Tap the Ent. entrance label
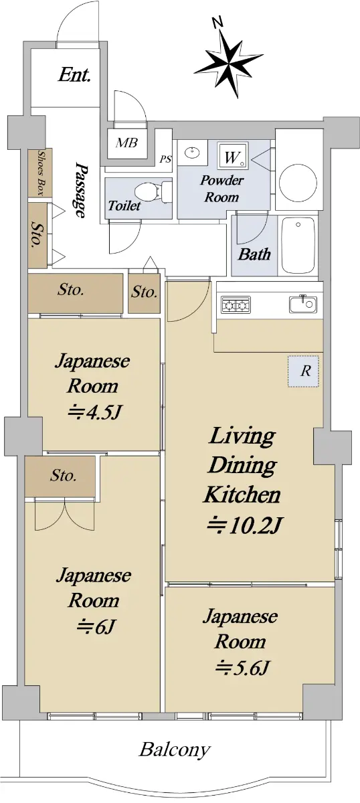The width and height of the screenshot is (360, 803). coord(74,75)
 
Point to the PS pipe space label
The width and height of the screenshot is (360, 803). coord(165,159)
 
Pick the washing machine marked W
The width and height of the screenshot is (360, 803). coord(233,157)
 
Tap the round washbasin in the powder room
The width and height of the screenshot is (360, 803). coord(192,153)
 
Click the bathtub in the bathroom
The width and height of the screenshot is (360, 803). coord(298,246)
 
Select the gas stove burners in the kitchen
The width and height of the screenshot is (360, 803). coord(236,305)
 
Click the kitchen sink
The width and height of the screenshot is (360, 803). coord(303,304)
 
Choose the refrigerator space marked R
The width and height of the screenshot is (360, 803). coord(303,371)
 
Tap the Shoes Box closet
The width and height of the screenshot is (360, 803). coord(40,173)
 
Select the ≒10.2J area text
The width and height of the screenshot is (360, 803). coord(244,525)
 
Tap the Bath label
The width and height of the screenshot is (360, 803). coord(254,254)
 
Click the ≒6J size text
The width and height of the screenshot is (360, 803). coord(96,626)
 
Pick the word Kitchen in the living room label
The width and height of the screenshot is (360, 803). coord(242,495)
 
